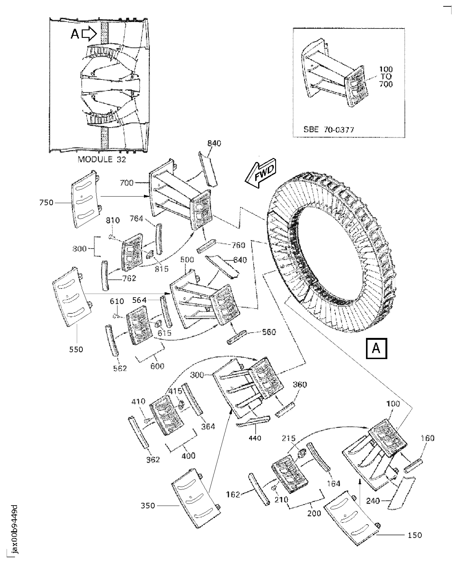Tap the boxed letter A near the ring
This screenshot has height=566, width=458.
(x=376, y=348)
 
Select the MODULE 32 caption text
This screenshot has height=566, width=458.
(x=102, y=159)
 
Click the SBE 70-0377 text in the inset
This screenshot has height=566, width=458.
(x=328, y=130)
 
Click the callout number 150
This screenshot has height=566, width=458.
(x=415, y=535)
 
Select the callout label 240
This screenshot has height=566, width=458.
(x=373, y=501)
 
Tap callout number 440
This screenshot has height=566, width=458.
(x=255, y=438)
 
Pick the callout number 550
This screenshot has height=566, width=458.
(x=76, y=349)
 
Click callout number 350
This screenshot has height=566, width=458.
(x=148, y=506)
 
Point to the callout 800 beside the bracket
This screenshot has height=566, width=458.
(x=79, y=249)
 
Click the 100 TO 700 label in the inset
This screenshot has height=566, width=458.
(x=386, y=77)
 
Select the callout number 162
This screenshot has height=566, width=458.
(x=233, y=494)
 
